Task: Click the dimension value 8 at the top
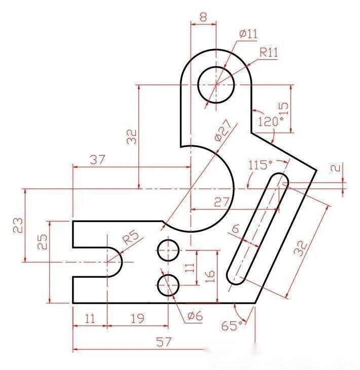coord(203,17)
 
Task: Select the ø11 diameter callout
coord(248,34)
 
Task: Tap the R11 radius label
coord(269,52)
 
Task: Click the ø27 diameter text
coord(222,131)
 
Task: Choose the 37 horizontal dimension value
coord(97,160)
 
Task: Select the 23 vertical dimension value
coord(18,225)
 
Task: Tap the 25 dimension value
coord(43,242)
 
